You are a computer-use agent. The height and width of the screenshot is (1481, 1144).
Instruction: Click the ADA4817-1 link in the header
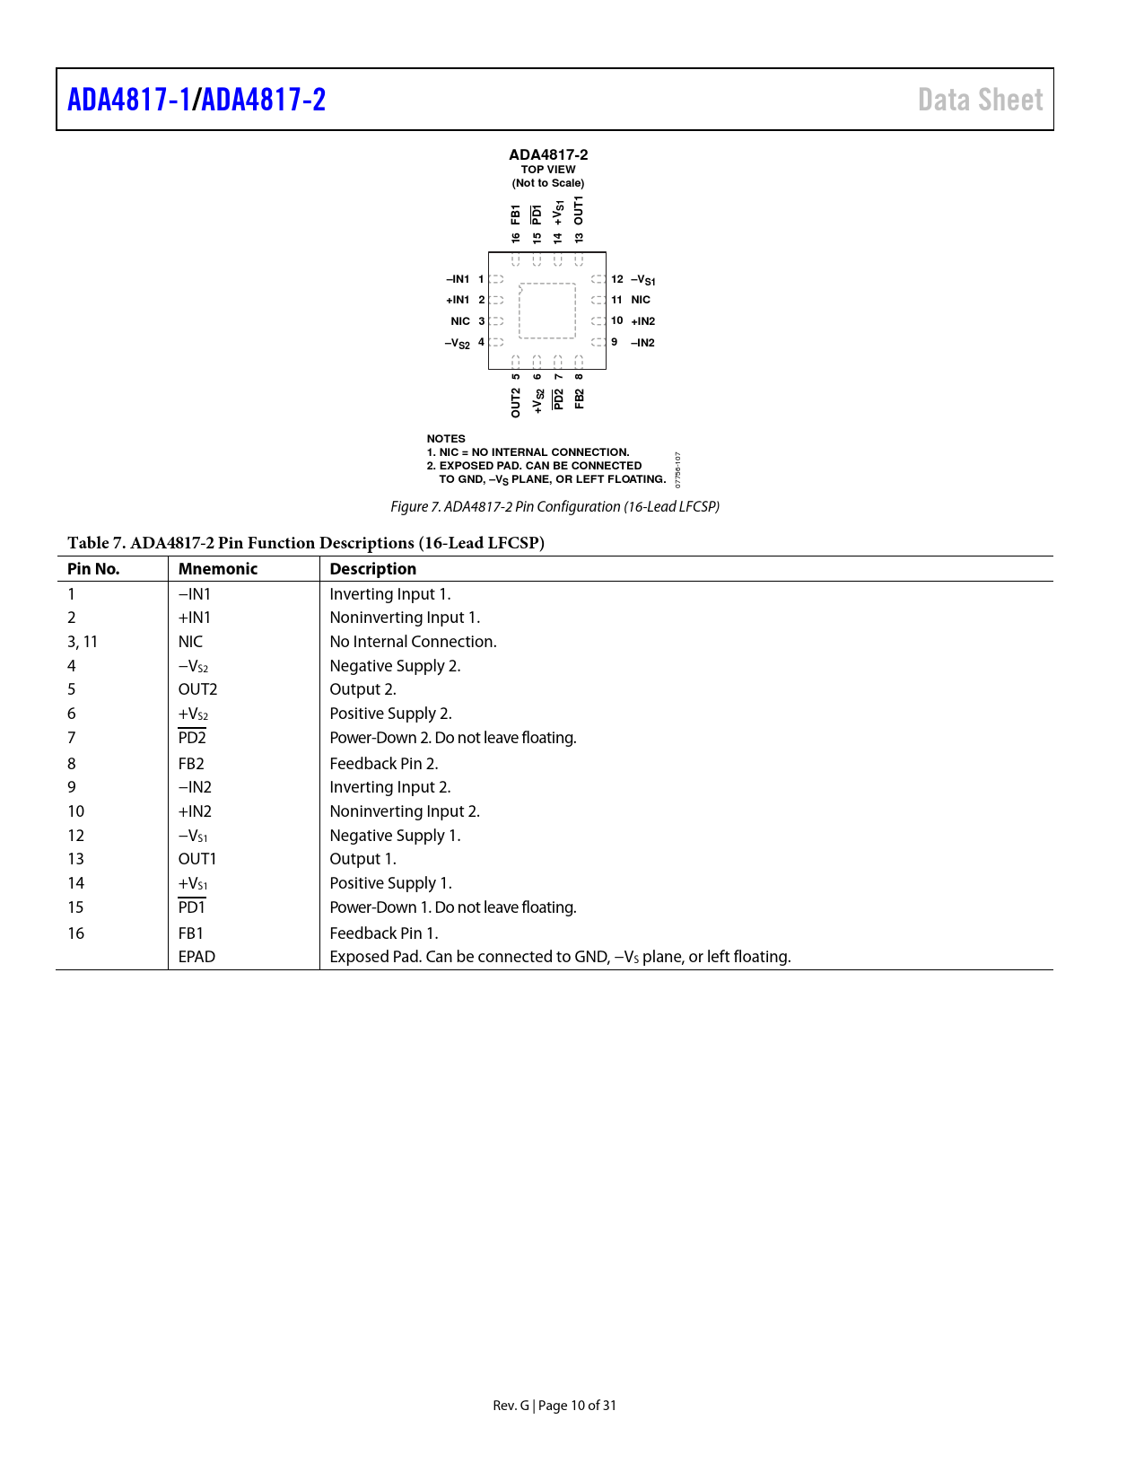pos(129,100)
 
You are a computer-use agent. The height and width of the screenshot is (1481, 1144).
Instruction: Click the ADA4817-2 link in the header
pos(264,100)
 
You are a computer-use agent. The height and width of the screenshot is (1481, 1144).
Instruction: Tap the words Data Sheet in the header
pos(980,100)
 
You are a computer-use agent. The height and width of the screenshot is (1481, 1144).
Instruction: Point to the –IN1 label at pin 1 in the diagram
pos(458,279)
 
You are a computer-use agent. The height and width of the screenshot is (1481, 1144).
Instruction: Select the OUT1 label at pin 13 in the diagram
pos(579,210)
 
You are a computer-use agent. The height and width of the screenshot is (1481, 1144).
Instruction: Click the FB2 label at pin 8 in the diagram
pos(580,399)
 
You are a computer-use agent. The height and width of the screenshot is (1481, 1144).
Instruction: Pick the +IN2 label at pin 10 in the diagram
pos(643,321)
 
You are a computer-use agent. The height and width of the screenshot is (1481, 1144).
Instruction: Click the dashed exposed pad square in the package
pos(547,311)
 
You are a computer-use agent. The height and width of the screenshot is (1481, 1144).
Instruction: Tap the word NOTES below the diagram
pos(446,439)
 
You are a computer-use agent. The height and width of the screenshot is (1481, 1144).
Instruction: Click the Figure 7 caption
pos(555,507)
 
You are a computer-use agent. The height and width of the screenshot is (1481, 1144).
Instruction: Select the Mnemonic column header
pos(218,569)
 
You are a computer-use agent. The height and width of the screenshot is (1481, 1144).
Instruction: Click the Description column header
pos(372,569)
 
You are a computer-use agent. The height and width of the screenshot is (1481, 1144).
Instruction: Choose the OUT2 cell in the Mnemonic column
pos(197,689)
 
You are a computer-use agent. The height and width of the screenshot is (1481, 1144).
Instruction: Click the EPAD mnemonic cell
pos(196,957)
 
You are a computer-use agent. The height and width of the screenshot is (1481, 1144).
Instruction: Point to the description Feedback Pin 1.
pos(383,933)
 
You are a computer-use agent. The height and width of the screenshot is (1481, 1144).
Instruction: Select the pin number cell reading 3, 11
pos(83,642)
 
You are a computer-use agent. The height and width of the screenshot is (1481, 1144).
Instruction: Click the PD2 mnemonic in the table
pos(192,738)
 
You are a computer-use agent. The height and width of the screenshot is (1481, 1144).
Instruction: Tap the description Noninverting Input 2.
pos(405,811)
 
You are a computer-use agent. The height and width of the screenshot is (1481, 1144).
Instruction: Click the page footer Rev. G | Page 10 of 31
pos(555,1406)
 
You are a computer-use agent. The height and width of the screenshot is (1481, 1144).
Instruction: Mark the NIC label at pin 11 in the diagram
pos(641,300)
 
